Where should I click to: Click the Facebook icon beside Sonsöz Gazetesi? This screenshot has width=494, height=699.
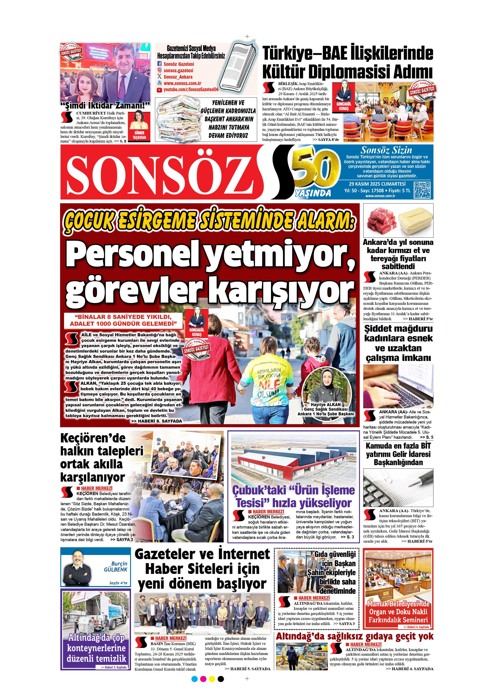[x=159, y=64]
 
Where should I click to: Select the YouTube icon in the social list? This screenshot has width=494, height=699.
[x=159, y=90]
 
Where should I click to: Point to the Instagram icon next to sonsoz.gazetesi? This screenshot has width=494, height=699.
[x=159, y=70]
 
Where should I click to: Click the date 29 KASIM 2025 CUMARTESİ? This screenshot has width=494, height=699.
[x=377, y=184]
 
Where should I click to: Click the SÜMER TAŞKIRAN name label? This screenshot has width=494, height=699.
[x=139, y=135]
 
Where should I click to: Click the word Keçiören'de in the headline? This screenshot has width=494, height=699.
[x=93, y=438]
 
